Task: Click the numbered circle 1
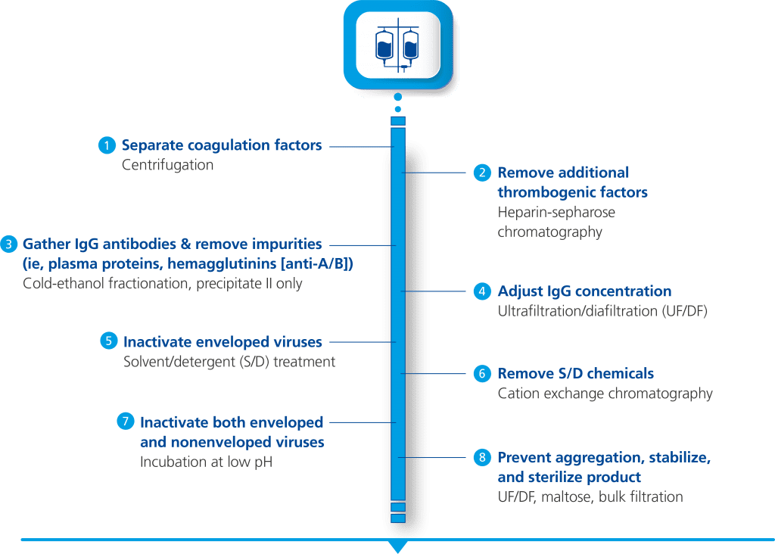click(x=107, y=145)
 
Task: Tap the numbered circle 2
click(x=483, y=173)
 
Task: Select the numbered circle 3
click(x=8, y=244)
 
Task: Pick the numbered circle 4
click(x=483, y=291)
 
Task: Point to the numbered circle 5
click(x=109, y=341)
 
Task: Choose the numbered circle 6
click(x=483, y=374)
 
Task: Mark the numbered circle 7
click(x=125, y=422)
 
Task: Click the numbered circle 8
click(x=483, y=458)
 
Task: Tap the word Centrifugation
click(x=167, y=164)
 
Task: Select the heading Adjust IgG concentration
click(x=584, y=291)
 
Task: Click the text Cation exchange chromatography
click(x=605, y=394)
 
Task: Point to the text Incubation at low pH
click(x=205, y=461)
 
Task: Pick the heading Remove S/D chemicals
click(x=575, y=374)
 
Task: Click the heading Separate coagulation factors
click(x=222, y=145)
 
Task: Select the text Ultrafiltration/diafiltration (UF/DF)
click(x=602, y=311)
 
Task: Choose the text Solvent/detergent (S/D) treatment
click(x=229, y=362)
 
